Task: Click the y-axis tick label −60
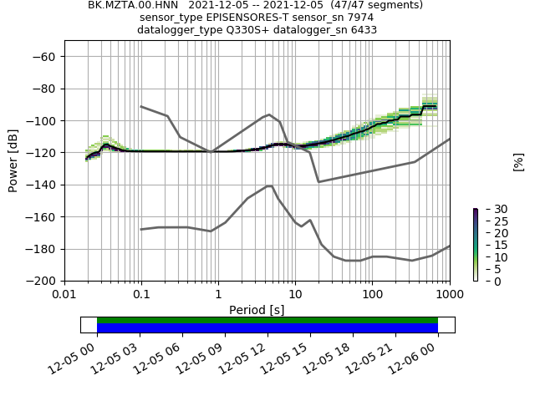[x=44, y=56]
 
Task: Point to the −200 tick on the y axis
[x=41, y=281]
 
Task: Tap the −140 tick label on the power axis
[x=41, y=185]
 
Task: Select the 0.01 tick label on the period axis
[x=64, y=295]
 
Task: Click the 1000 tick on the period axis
[x=450, y=295]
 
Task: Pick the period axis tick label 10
[x=295, y=295]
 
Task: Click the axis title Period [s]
[x=257, y=310]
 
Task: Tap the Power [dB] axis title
[x=13, y=160]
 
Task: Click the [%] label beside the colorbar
[x=518, y=161]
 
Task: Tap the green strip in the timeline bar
[x=267, y=320]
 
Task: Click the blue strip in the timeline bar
[x=267, y=328]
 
